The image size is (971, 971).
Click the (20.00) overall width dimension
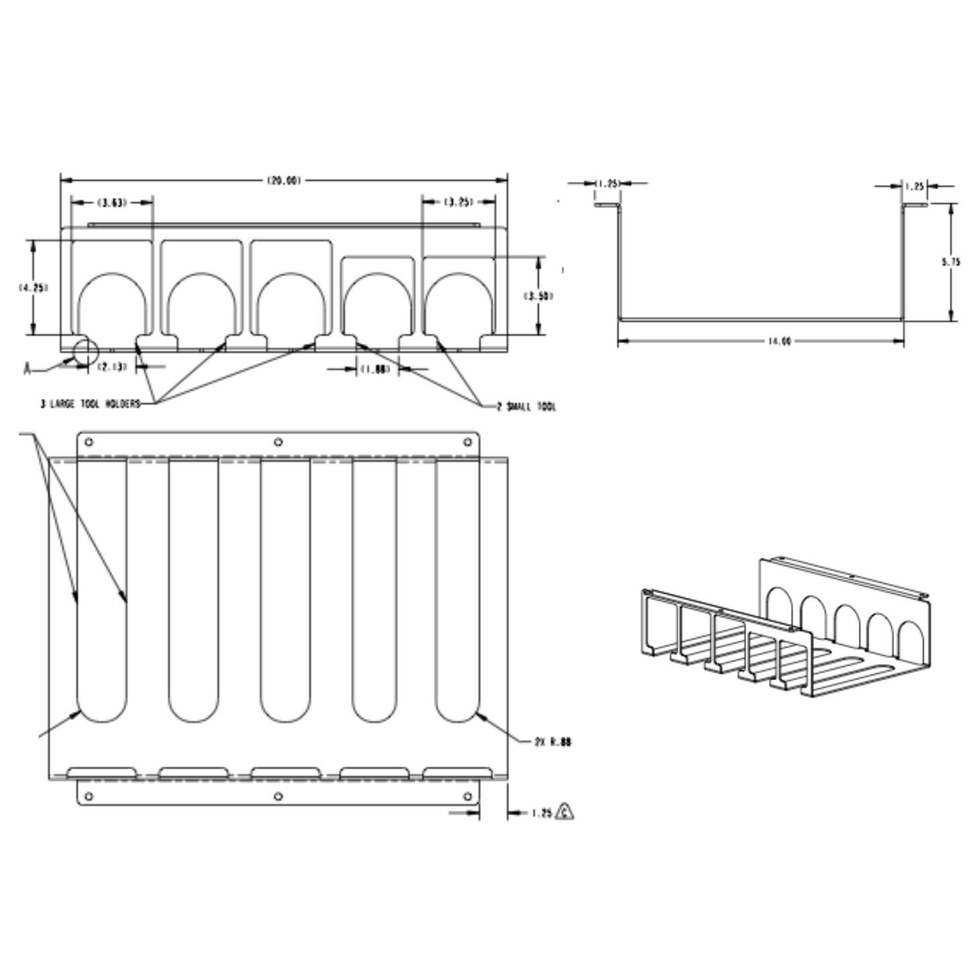click(x=284, y=180)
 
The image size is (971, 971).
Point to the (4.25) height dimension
click(x=33, y=288)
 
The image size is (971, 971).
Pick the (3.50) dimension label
click(x=538, y=296)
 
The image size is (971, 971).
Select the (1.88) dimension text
click(x=375, y=369)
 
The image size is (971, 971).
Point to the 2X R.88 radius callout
click(x=553, y=743)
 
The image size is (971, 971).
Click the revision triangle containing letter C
click(x=565, y=812)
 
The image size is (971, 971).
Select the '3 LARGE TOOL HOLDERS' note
click(x=90, y=404)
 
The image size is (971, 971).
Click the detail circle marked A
click(x=85, y=351)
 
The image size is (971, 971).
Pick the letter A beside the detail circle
click(x=28, y=369)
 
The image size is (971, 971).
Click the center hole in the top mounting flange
click(x=278, y=442)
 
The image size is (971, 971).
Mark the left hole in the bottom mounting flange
click(x=89, y=796)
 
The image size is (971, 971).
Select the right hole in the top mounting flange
click(x=468, y=442)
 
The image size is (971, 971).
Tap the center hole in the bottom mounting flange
click(x=278, y=796)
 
